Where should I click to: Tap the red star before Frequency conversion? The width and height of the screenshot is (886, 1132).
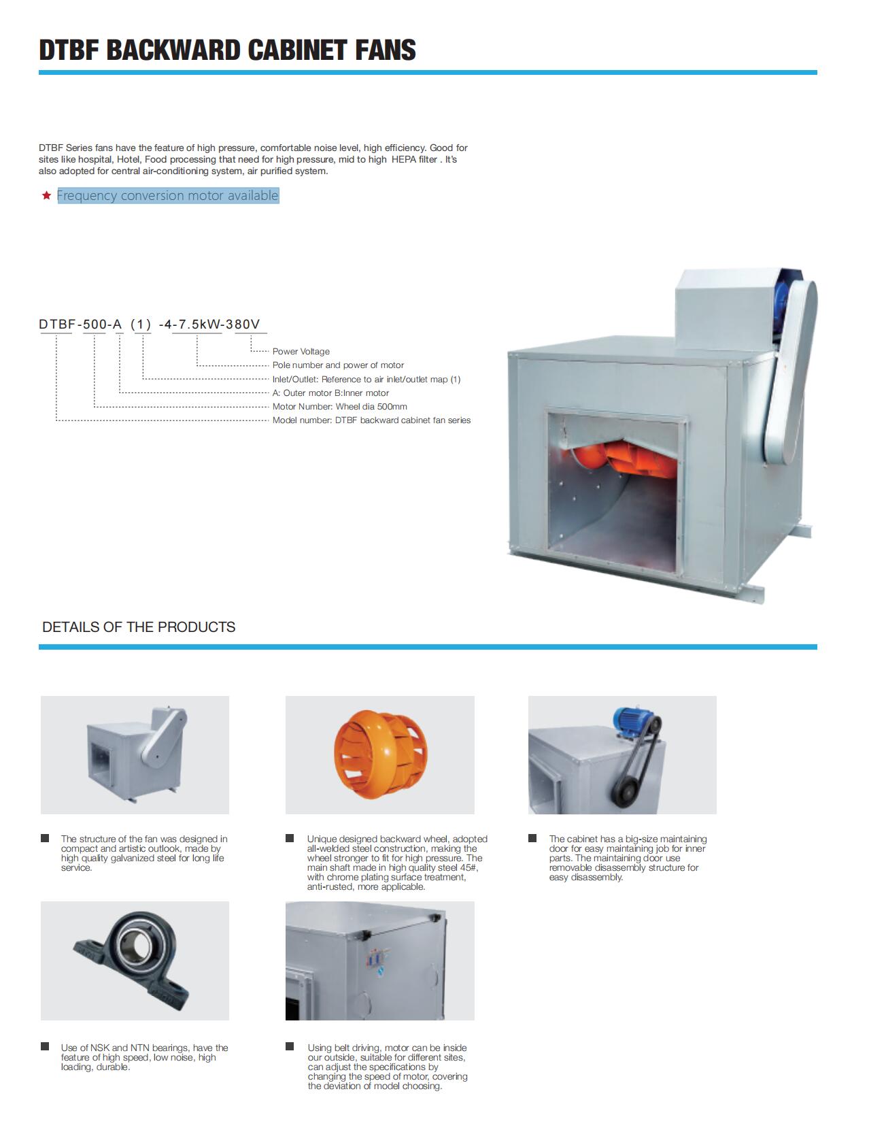46,196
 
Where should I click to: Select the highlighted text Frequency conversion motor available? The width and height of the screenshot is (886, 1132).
168,195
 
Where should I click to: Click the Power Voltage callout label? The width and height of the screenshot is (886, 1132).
301,352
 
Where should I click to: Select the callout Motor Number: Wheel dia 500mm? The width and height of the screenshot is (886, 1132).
340,407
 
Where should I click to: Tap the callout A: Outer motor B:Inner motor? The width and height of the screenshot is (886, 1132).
330,393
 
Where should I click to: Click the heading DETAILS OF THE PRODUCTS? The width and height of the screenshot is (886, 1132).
139,627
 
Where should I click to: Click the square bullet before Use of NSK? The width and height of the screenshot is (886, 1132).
45,1046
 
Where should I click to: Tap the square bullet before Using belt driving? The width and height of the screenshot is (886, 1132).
290,1046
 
